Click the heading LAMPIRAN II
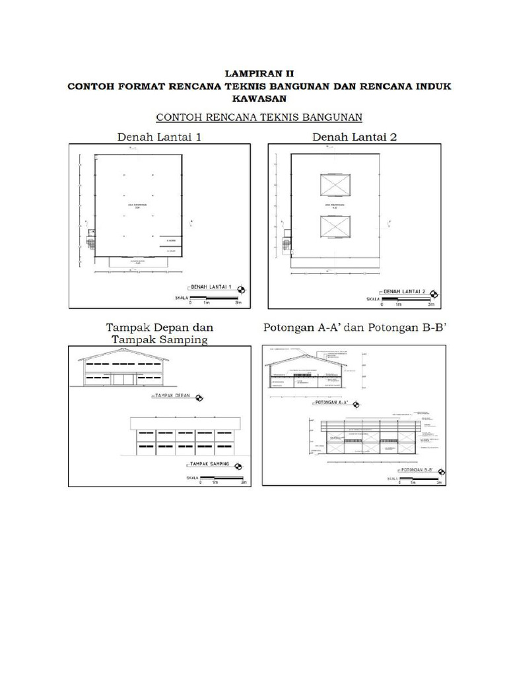253,75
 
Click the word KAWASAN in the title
253,98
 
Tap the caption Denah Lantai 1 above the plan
160,137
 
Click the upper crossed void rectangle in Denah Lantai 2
335,186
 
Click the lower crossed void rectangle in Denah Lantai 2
335,227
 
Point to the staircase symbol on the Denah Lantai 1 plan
91,240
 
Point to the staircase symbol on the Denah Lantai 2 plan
287,242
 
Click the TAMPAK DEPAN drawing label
171,395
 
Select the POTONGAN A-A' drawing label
332,401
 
